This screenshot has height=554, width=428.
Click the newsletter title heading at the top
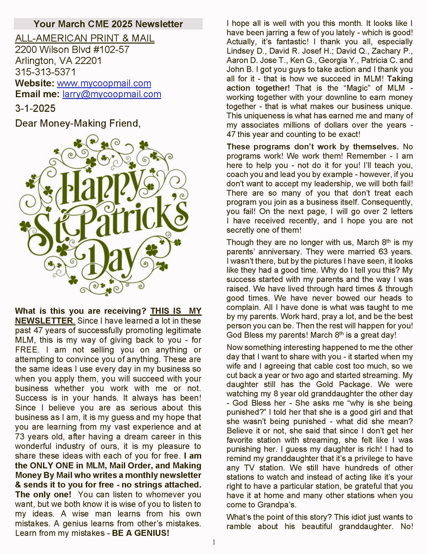point(108,24)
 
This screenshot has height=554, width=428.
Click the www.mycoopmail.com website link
point(104,83)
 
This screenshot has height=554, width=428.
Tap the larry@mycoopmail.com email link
point(112,94)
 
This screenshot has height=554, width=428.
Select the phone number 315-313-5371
point(45,72)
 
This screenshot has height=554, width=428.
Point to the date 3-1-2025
point(35,108)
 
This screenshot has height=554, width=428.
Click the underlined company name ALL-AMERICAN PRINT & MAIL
point(85,38)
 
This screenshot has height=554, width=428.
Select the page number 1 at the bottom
point(214,543)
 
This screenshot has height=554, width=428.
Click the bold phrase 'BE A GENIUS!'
point(140,533)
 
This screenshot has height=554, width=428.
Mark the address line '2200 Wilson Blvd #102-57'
point(72,50)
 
